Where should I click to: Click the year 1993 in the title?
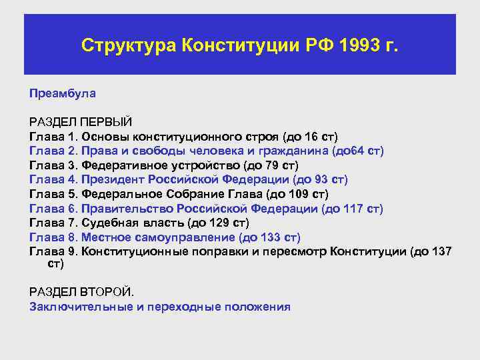(358, 45)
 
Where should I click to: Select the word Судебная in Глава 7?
(107, 223)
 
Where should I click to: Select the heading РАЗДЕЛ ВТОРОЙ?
(81, 293)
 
